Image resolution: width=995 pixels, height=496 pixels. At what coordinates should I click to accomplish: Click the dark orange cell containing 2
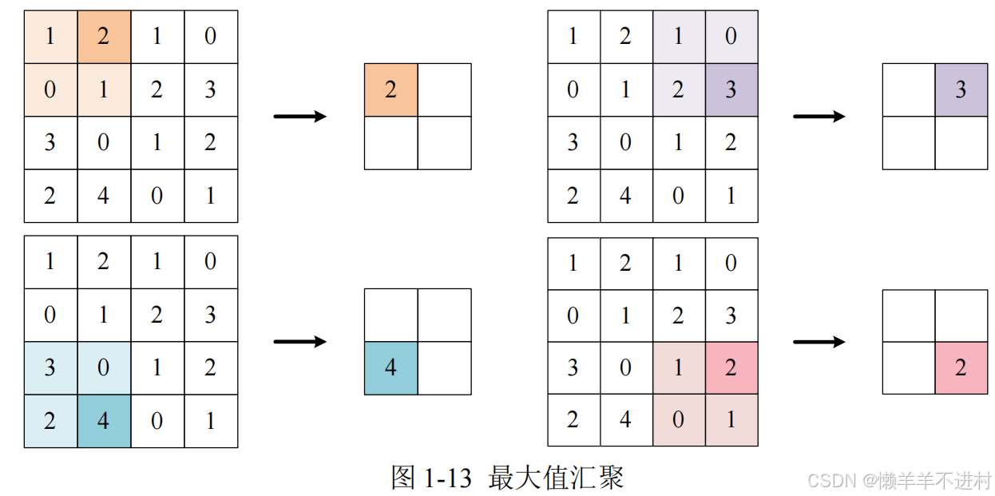click(104, 37)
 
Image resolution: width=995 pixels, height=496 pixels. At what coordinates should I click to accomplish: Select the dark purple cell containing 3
click(731, 89)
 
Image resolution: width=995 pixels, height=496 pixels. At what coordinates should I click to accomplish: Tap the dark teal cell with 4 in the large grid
click(104, 420)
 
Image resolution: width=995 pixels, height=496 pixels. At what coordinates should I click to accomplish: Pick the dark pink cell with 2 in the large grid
click(731, 368)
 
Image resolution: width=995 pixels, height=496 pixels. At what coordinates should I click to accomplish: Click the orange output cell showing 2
click(390, 89)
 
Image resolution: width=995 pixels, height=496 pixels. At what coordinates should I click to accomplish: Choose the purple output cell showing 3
click(961, 89)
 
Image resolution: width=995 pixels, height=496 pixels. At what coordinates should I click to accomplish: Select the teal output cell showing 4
click(390, 367)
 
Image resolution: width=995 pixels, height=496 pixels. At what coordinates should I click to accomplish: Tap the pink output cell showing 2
click(961, 367)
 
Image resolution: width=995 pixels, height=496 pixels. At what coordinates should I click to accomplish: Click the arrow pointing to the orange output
click(300, 117)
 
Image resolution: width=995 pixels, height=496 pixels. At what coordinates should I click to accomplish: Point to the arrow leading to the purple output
click(819, 117)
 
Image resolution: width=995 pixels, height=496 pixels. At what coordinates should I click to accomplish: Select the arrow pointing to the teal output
click(300, 342)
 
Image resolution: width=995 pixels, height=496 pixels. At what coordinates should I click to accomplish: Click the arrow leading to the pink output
click(819, 342)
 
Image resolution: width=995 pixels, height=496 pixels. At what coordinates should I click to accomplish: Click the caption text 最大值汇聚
click(556, 478)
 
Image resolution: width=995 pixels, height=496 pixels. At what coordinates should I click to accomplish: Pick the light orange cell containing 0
click(50, 89)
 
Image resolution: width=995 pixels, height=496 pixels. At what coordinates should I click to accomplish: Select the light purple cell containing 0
click(731, 37)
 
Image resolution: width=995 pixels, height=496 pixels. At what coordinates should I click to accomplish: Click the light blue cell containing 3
click(50, 368)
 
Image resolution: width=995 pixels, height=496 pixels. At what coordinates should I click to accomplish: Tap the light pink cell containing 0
click(679, 420)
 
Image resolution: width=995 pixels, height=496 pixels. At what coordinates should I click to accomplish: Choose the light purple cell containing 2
click(679, 89)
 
